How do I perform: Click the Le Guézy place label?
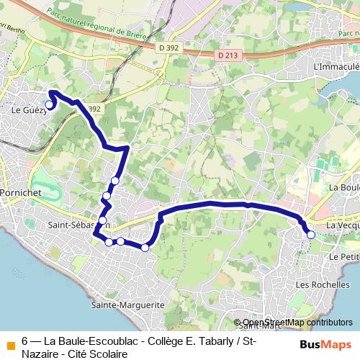[26, 111]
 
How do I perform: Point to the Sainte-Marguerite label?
[128, 305]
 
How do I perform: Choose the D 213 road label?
[226, 54]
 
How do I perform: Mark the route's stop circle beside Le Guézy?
[49, 105]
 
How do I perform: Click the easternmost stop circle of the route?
[311, 235]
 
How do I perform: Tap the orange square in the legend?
[9, 341]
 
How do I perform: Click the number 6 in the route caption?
[25, 341]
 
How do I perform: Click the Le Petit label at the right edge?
[343, 256]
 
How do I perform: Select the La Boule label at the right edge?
[344, 186]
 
